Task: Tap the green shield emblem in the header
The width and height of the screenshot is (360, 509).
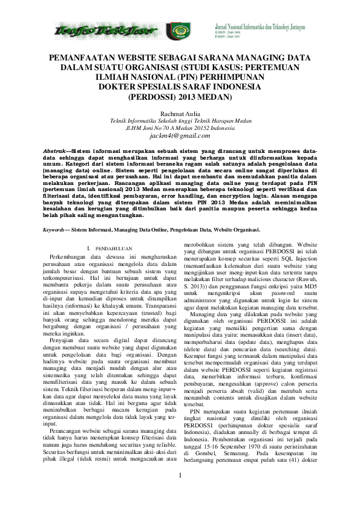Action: click(x=179, y=30)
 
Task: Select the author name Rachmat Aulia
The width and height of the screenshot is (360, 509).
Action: click(x=179, y=113)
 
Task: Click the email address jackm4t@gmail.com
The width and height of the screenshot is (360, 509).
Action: click(x=179, y=136)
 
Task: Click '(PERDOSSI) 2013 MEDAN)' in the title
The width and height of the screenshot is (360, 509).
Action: click(x=179, y=96)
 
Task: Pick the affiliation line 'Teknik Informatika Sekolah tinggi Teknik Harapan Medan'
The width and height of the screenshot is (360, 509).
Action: click(x=179, y=121)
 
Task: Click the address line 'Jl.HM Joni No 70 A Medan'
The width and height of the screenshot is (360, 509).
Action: click(x=179, y=128)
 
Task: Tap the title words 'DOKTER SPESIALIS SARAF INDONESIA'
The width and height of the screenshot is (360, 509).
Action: click(x=179, y=86)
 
